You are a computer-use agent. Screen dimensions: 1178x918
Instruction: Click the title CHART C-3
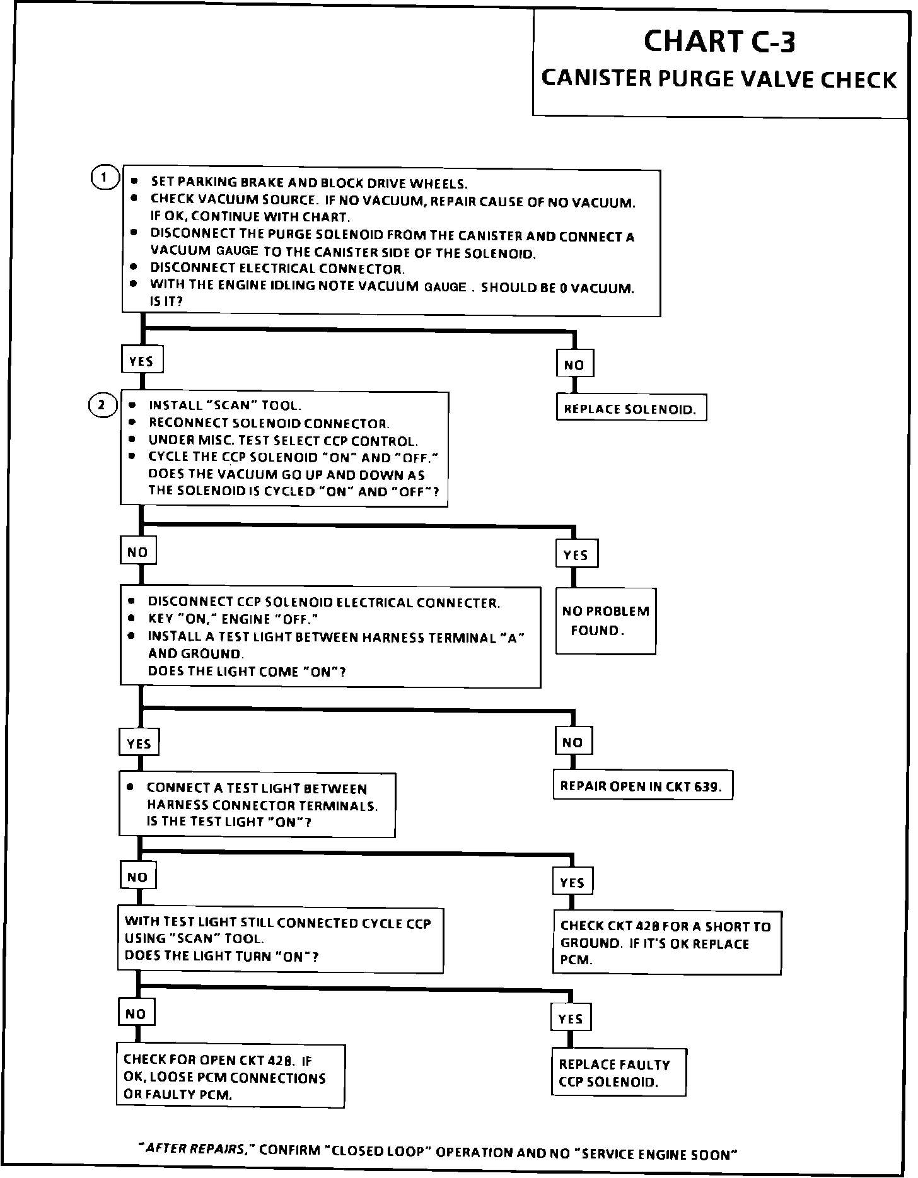click(719, 42)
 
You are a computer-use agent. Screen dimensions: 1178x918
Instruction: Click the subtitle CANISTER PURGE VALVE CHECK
click(719, 79)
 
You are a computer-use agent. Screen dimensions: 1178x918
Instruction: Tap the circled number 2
click(102, 405)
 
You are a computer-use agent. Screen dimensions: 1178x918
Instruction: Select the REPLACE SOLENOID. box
click(630, 408)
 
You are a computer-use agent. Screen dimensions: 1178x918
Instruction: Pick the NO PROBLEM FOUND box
click(605, 621)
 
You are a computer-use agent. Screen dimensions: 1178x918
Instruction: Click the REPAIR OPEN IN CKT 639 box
click(642, 786)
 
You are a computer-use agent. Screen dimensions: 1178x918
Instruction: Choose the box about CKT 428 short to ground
click(667, 943)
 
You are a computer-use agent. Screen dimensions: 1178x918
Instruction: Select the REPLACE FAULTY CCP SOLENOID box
click(619, 1073)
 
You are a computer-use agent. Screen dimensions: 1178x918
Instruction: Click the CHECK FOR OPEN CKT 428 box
click(230, 1076)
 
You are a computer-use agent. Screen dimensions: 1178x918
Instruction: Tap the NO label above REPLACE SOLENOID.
click(574, 364)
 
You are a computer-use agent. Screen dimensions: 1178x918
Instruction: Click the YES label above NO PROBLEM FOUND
click(576, 555)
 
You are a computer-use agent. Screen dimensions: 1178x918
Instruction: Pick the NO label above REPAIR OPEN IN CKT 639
click(572, 742)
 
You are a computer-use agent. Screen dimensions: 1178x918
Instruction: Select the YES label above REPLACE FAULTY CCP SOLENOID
click(571, 1018)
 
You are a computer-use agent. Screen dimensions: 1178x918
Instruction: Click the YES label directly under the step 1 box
click(141, 361)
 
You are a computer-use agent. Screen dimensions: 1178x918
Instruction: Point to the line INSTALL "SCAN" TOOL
click(224, 405)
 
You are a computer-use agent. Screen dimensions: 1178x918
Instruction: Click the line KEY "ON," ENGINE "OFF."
click(232, 619)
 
